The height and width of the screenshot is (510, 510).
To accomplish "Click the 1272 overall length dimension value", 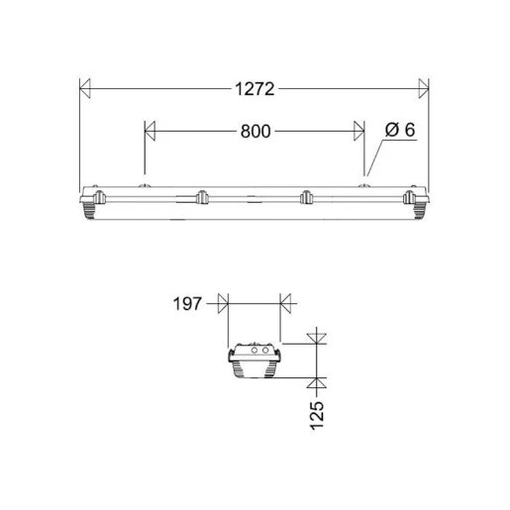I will coord(254,89).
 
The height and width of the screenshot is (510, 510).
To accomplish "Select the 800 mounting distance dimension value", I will coord(255,130).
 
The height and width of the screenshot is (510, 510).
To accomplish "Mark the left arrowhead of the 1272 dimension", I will coord(86,89).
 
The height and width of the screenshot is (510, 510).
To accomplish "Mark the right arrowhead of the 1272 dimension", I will coord(423,89).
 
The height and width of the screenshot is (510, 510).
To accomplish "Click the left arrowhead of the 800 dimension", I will coord(152,130).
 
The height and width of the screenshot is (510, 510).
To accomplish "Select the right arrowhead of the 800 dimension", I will coord(357,130).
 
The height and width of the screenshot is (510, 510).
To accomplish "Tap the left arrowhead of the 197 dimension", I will coord(222,303).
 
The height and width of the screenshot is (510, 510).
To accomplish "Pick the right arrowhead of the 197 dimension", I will coord(287,303).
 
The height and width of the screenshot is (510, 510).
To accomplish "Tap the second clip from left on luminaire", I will coord(201,196).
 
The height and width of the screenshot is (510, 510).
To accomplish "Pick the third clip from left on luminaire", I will coord(307,196).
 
